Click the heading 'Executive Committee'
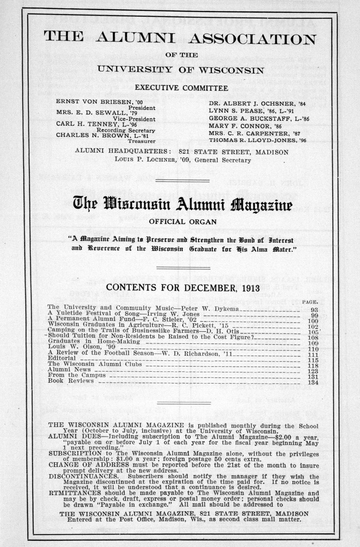pos(181,88)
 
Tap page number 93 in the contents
pos(314,310)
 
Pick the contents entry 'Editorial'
pos(61,358)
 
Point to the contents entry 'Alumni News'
pos(69,369)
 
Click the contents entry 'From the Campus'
pos(77,375)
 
